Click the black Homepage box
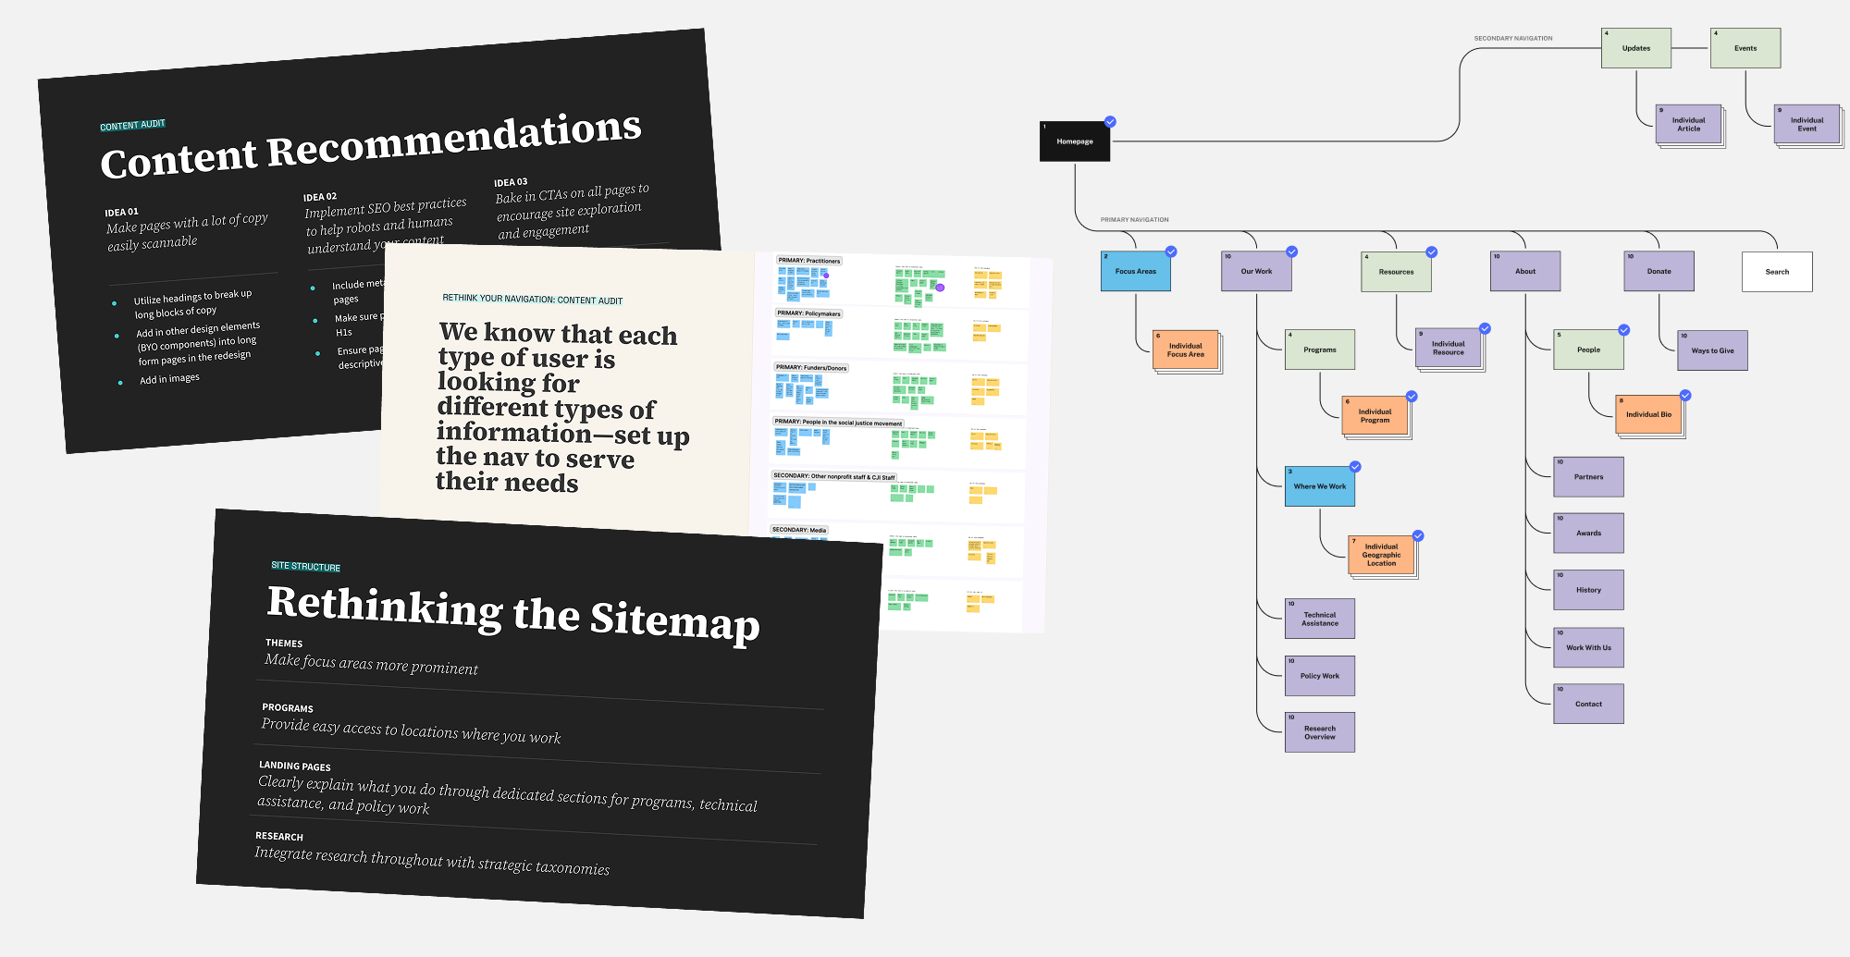pyautogui.click(x=1074, y=141)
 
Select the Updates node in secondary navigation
pyautogui.click(x=1635, y=48)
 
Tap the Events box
pyautogui.click(x=1745, y=48)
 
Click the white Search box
pyautogui.click(x=1776, y=272)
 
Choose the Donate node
pyautogui.click(x=1659, y=272)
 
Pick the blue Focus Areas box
pyautogui.click(x=1135, y=272)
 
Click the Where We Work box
pyautogui.click(x=1319, y=486)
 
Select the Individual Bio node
pyautogui.click(x=1648, y=414)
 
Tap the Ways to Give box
pyautogui.click(x=1712, y=350)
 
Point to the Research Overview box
pyautogui.click(x=1319, y=732)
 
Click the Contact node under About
pyautogui.click(x=1588, y=704)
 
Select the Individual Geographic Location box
pyautogui.click(x=1381, y=555)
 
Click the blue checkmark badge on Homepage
pyautogui.click(x=1110, y=122)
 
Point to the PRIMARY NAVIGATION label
pyautogui.click(x=1134, y=220)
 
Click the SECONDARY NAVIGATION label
pyautogui.click(x=1513, y=39)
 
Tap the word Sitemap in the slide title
pyautogui.click(x=674, y=620)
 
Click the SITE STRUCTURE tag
pyautogui.click(x=305, y=567)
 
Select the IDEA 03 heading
pyautogui.click(x=511, y=182)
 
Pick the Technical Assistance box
pyautogui.click(x=1319, y=619)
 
